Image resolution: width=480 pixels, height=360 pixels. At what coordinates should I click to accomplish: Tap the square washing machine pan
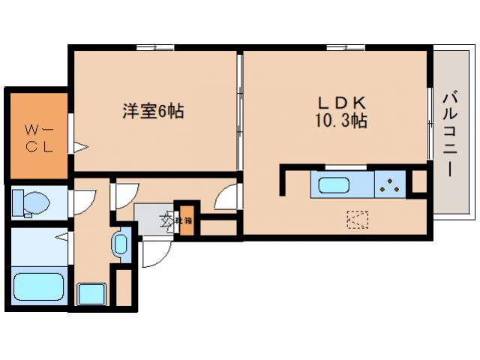click(x=92, y=294)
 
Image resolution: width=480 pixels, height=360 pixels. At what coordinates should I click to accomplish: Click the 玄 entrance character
click(x=164, y=220)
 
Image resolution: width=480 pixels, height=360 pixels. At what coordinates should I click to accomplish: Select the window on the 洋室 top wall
click(x=155, y=49)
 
